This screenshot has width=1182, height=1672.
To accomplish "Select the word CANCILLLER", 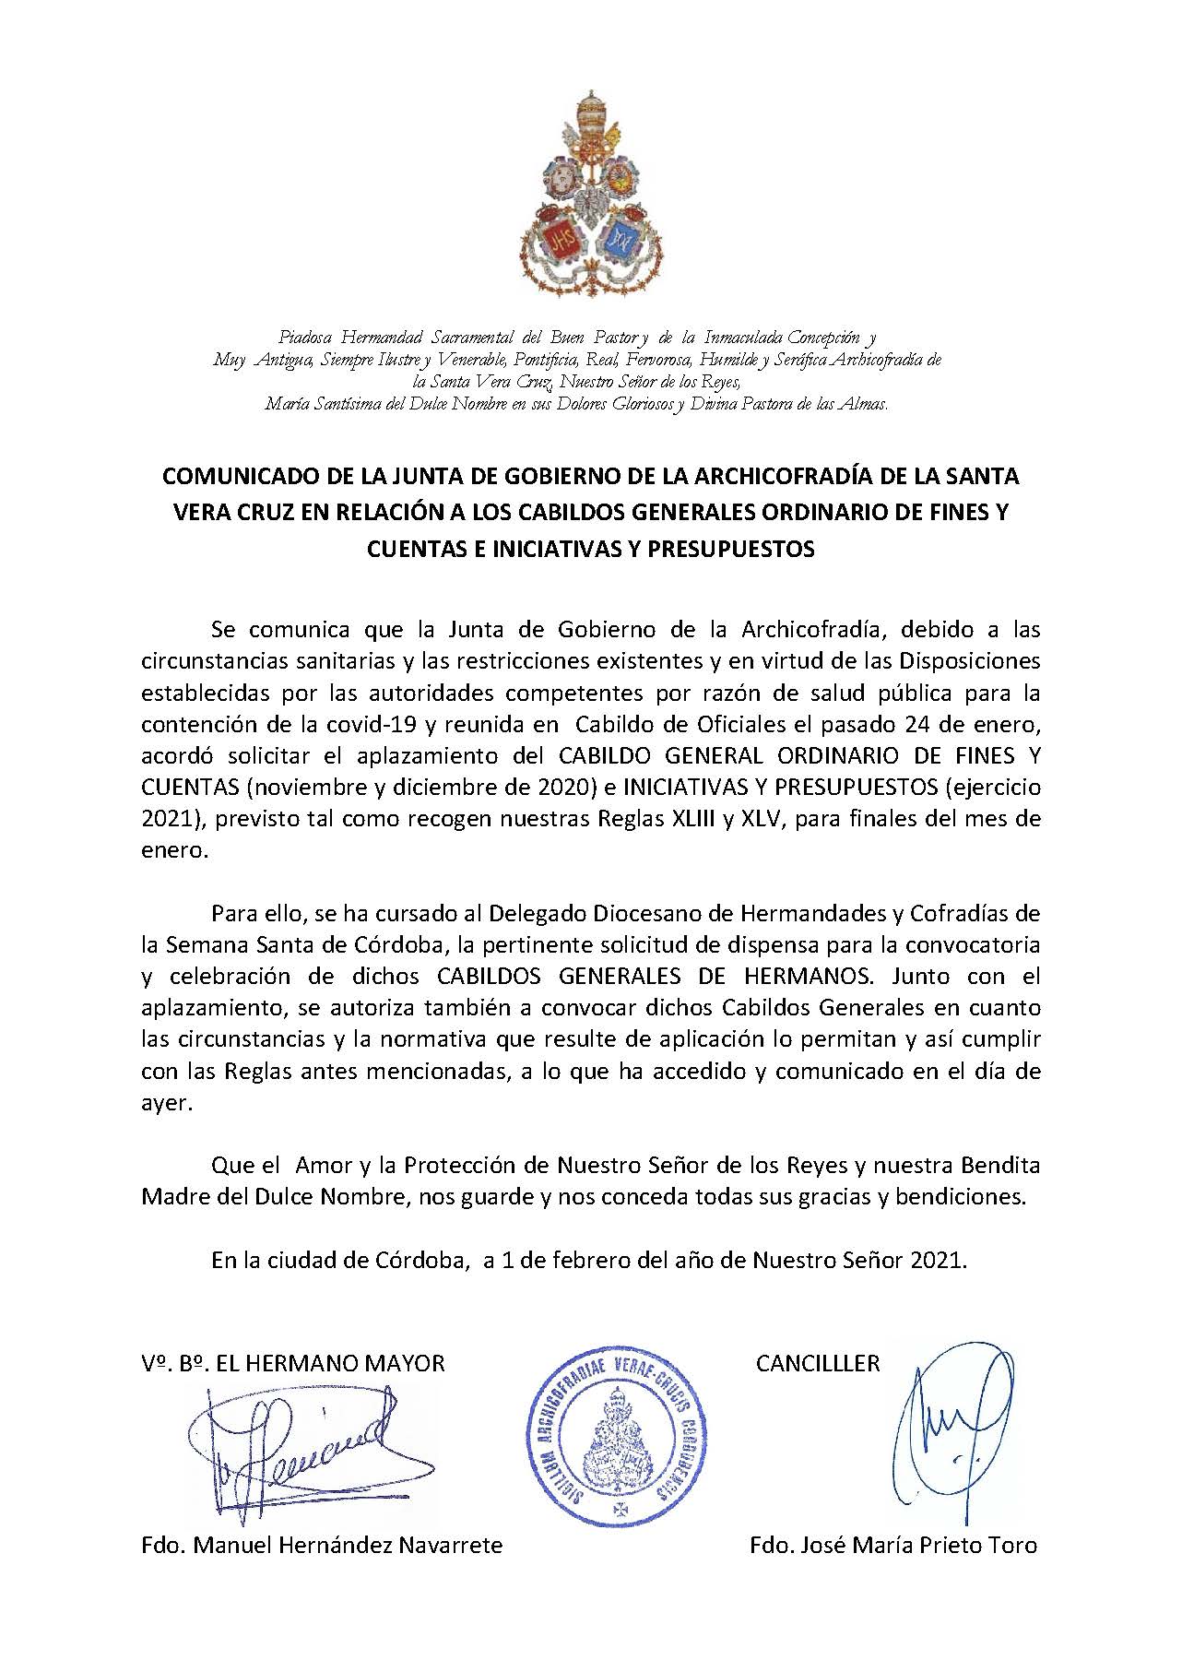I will click(818, 1363).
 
